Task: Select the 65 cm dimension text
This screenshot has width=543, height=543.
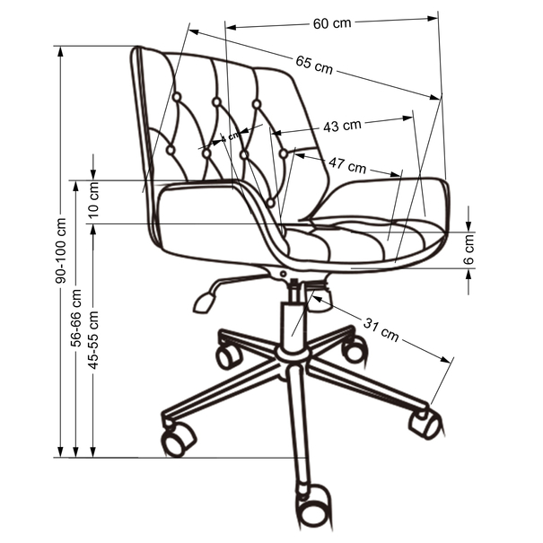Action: point(314,64)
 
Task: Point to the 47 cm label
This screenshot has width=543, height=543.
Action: point(346,166)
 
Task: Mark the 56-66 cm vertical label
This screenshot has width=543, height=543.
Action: point(78,317)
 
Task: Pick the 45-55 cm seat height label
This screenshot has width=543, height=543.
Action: point(94,339)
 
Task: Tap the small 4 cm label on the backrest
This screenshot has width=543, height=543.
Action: point(233,135)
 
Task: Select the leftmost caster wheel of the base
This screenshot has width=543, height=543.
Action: point(176,439)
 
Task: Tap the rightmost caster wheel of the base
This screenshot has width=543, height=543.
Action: point(425,423)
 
